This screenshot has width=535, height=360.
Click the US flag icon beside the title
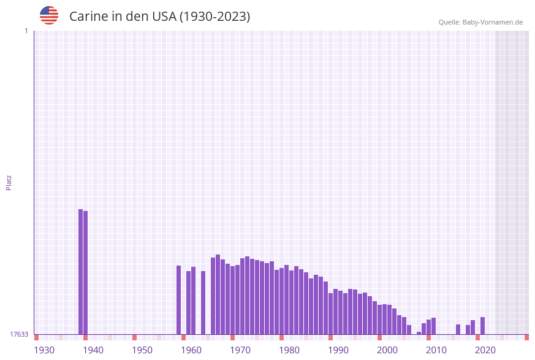click(49, 15)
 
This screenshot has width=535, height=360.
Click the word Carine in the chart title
click(88, 17)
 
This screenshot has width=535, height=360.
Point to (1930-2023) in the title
click(214, 17)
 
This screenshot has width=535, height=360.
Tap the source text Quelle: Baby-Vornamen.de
click(480, 22)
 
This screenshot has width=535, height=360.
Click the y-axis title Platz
click(9, 182)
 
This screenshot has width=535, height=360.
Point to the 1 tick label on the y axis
click(26, 31)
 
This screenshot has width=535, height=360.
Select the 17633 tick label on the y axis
click(19, 334)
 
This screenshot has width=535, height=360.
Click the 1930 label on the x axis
click(44, 350)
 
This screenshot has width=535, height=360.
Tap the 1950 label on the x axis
click(142, 350)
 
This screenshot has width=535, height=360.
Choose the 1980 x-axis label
click(289, 350)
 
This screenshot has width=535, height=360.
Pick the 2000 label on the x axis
click(387, 350)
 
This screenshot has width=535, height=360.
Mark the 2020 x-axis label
click(485, 350)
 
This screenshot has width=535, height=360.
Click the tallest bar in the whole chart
click(80, 271)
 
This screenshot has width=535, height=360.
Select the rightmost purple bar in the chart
click(482, 326)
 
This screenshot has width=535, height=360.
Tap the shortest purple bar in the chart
click(419, 333)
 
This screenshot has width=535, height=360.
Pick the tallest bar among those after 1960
click(218, 294)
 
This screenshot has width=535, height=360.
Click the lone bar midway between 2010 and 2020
click(458, 329)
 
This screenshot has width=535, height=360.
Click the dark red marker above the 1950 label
click(134, 337)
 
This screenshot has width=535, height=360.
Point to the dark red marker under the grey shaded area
click(526, 337)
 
